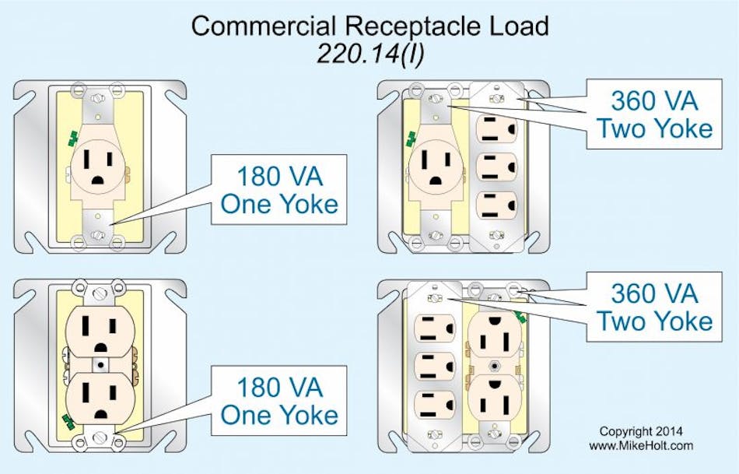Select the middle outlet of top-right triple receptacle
(x=494, y=167)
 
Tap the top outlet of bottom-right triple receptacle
(x=436, y=326)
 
